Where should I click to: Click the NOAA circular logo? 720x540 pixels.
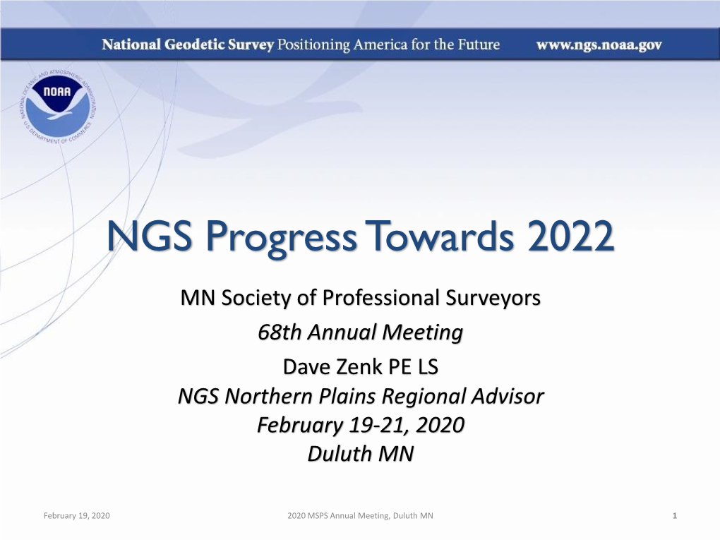pos(58,107)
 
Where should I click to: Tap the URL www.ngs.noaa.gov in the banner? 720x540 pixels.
pos(599,45)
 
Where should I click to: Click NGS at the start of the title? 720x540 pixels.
pos(149,236)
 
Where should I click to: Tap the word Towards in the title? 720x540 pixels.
pos(442,236)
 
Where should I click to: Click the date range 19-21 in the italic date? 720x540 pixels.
pos(378,425)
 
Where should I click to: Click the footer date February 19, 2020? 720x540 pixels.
pos(77,516)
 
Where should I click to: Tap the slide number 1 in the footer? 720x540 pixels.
pos(675,516)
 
